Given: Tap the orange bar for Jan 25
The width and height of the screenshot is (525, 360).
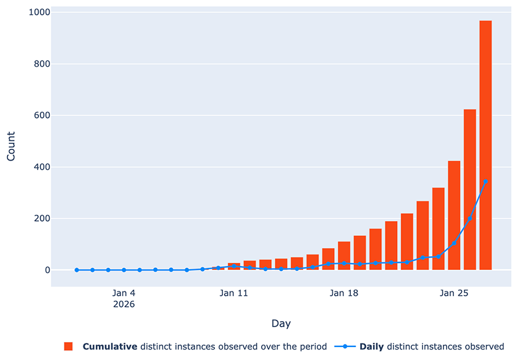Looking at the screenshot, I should [x=454, y=216].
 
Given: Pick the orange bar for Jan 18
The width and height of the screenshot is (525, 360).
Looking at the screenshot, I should [x=344, y=256].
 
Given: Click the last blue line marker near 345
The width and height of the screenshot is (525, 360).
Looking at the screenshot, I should [x=485, y=182].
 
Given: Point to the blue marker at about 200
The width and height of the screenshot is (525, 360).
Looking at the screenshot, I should [x=470, y=219].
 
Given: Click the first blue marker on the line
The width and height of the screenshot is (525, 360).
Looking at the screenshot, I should [x=77, y=270].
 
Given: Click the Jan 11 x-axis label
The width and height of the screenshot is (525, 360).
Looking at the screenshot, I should [x=233, y=293].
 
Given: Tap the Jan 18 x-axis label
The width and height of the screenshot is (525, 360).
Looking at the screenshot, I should [x=344, y=293].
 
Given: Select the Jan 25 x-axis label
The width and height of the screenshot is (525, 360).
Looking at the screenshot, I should [x=454, y=293].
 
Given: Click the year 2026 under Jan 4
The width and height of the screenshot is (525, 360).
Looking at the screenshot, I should [x=124, y=304].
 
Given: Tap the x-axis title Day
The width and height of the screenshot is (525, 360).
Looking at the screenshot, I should [x=281, y=324].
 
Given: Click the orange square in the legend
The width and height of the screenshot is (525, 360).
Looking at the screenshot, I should [x=69, y=346].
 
